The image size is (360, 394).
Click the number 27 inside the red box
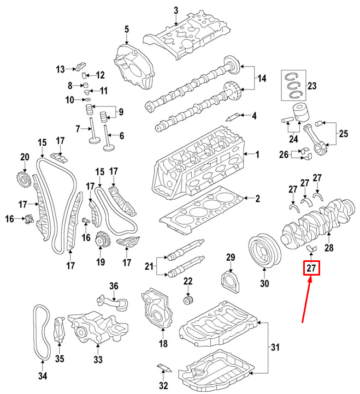tap(311, 268)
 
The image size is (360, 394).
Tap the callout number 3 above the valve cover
tap(176, 10)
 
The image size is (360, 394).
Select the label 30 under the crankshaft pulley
tap(264, 283)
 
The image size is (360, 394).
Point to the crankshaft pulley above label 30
tap(264, 252)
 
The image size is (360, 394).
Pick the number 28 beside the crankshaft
tap(329, 248)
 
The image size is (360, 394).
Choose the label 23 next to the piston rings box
tap(312, 86)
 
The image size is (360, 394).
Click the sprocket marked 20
tap(25, 180)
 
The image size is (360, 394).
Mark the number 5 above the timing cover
tap(127, 29)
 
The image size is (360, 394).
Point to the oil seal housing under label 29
tap(230, 281)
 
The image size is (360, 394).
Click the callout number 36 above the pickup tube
tap(114, 286)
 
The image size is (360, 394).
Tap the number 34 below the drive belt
tap(43, 376)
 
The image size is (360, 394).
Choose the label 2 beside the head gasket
tap(257, 199)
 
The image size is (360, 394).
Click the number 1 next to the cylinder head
tap(257, 154)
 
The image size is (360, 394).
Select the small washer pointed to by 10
tap(87, 100)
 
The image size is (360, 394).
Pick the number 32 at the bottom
tap(163, 385)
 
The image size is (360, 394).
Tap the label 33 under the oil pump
tap(98, 359)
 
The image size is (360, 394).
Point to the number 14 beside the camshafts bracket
tap(262, 79)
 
